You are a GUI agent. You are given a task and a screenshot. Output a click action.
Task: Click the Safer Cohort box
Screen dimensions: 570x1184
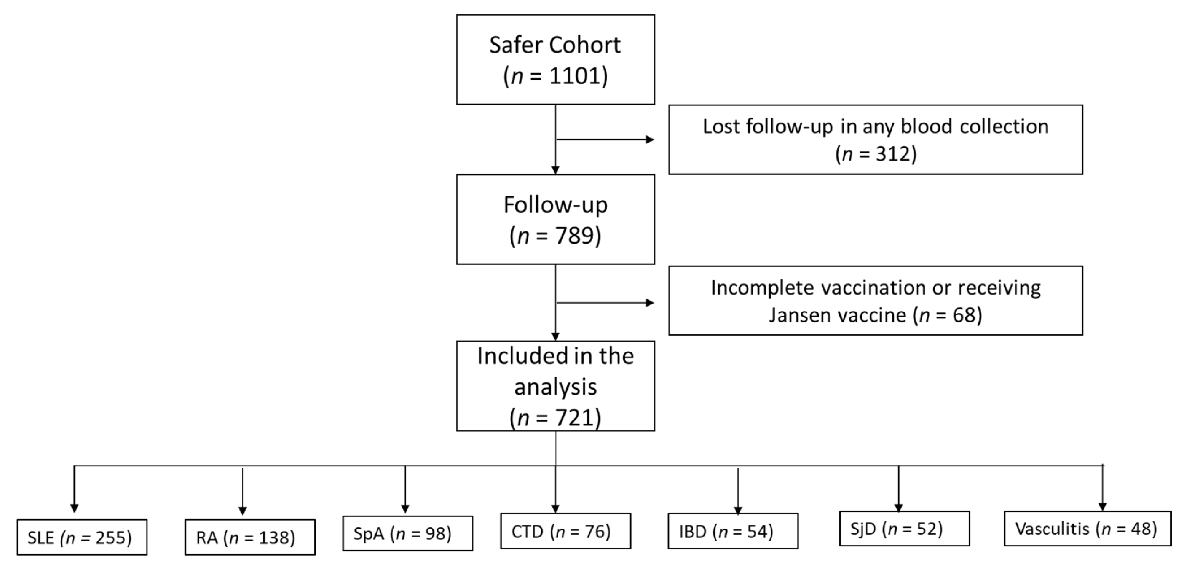pyautogui.click(x=555, y=60)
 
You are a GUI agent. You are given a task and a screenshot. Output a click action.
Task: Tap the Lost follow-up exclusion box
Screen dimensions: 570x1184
pyautogui.click(x=875, y=140)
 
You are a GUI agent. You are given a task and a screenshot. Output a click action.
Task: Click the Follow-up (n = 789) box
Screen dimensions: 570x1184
pyautogui.click(x=555, y=219)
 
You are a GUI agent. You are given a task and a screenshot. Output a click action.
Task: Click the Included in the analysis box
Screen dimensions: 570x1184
pyautogui.click(x=555, y=386)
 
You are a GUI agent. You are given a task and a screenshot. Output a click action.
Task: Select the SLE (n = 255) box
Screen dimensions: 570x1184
pyautogui.click(x=82, y=537)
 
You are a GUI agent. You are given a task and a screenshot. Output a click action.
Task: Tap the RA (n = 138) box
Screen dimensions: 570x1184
pyautogui.click(x=250, y=537)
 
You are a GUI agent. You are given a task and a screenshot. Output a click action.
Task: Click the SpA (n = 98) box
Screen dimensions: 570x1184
pyautogui.click(x=407, y=533)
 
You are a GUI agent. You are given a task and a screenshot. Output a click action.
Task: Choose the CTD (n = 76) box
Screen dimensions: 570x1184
pyautogui.click(x=565, y=532)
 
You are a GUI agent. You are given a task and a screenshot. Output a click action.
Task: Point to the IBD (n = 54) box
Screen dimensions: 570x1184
pyautogui.click(x=732, y=532)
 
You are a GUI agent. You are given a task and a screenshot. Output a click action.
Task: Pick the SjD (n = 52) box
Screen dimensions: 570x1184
pyautogui.click(x=904, y=529)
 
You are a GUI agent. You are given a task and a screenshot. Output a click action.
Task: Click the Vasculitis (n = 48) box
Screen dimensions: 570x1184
pyautogui.click(x=1087, y=529)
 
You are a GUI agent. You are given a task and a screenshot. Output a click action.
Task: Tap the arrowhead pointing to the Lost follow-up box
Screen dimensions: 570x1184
pyautogui.click(x=650, y=140)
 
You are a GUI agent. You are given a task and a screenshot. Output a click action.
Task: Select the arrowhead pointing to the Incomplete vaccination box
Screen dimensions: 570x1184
pyautogui.click(x=650, y=303)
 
